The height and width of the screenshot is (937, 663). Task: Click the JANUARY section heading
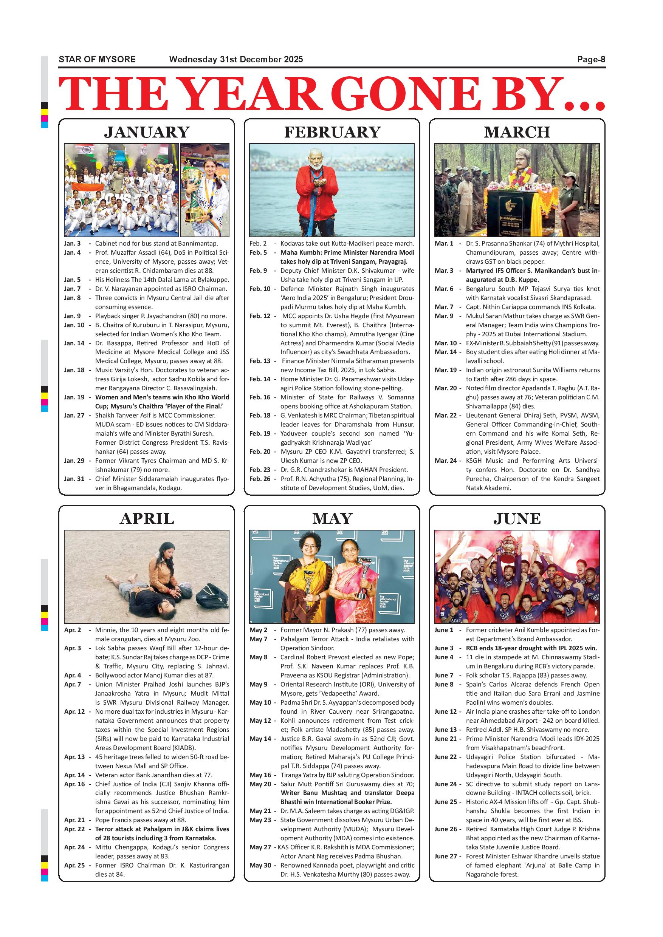(147, 132)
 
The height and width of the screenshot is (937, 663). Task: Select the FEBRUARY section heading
(332, 132)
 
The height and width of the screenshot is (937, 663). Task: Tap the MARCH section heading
(517, 132)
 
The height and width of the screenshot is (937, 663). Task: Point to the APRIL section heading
(147, 518)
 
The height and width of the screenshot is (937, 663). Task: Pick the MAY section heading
(332, 518)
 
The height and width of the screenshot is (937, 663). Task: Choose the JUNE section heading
(517, 518)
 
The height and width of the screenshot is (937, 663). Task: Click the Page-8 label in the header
(591, 60)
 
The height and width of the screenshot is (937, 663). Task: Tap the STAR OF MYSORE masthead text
(97, 60)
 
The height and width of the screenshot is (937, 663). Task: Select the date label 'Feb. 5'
(258, 253)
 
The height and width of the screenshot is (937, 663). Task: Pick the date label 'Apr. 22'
(74, 829)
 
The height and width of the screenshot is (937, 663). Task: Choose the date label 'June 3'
(444, 648)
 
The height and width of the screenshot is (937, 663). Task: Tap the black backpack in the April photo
(211, 596)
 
